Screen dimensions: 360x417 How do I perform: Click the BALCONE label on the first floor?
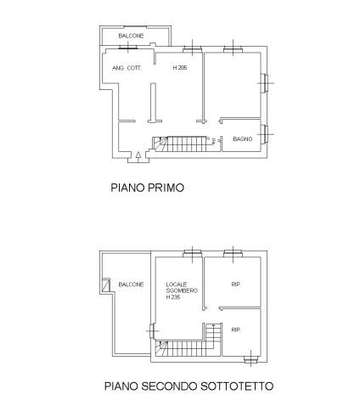131,36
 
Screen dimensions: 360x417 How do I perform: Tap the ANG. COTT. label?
127,68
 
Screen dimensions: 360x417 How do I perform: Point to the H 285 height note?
180,68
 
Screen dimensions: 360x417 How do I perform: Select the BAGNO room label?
243,139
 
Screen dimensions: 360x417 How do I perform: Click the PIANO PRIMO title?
148,188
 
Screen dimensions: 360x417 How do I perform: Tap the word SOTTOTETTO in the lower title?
237,386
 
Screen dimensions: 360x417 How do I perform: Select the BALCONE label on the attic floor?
131,285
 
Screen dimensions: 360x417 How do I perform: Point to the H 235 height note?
173,297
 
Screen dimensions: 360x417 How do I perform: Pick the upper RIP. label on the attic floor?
236,285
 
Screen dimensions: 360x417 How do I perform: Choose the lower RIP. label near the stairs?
236,330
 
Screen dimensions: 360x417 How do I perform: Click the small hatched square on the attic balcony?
106,285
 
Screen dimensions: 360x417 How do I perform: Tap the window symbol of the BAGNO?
265,134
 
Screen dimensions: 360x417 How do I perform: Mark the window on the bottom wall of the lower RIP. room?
251,359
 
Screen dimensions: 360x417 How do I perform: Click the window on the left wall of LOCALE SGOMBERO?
152,330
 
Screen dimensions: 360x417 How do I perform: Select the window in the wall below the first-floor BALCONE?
128,48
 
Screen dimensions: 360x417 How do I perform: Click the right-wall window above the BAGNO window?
265,83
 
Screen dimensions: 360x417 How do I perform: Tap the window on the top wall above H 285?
193,49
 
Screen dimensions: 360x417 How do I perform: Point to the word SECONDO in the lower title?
169,386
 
